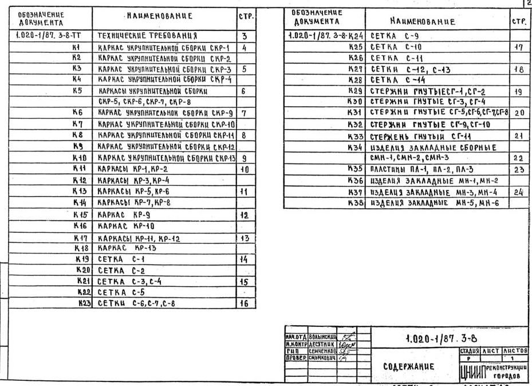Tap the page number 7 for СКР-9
click(x=243, y=112)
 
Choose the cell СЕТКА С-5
click(x=123, y=293)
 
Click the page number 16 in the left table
click(x=245, y=304)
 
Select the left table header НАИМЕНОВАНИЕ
click(x=159, y=15)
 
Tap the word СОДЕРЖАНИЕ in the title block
click(x=407, y=366)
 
